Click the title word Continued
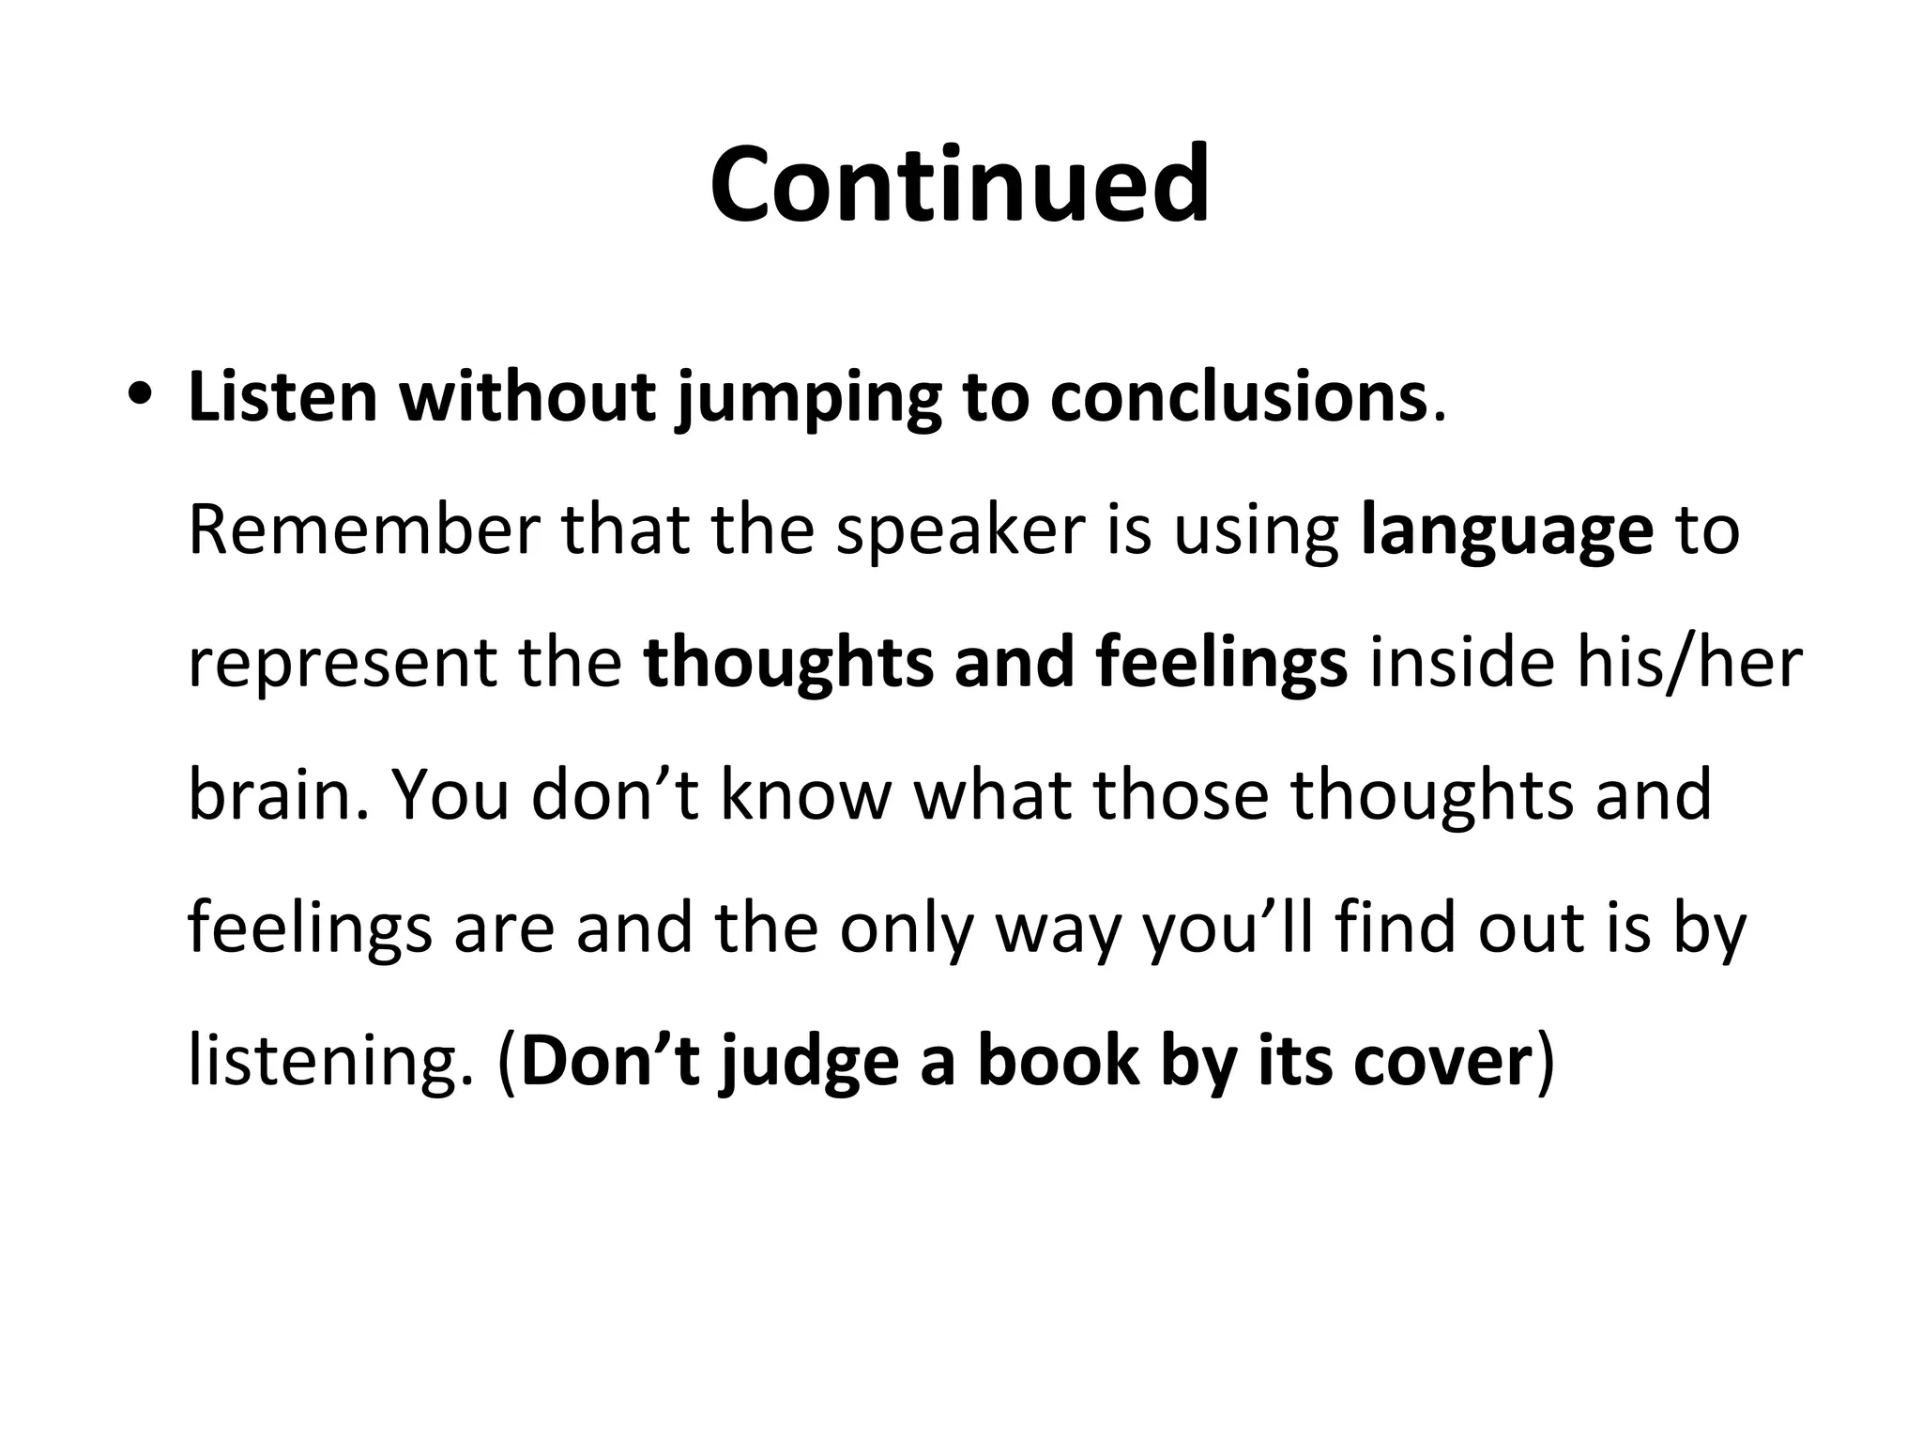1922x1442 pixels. (959, 184)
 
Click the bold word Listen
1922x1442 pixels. (282, 397)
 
